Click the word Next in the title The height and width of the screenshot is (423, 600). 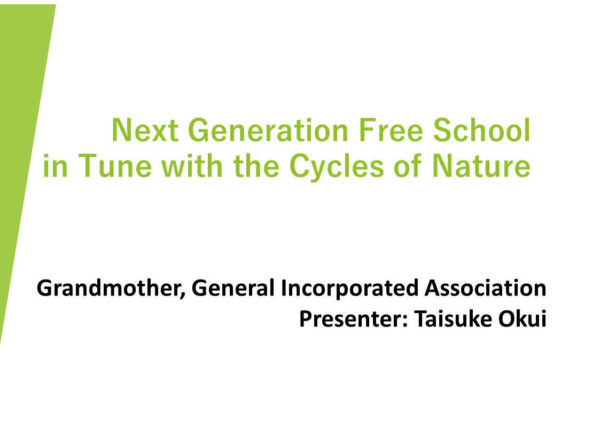click(145, 130)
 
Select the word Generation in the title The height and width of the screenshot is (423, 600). click(268, 130)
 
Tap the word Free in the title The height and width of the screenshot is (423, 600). click(391, 130)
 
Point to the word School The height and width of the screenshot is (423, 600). click(481, 130)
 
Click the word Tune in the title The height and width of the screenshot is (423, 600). click(115, 166)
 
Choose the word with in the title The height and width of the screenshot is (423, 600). click(192, 166)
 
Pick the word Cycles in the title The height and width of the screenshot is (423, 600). click(337, 167)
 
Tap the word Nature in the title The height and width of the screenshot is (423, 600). click(481, 166)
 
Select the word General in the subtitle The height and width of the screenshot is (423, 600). click(233, 288)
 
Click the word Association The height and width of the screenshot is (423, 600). click(486, 288)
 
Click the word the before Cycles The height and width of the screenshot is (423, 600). click(256, 166)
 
